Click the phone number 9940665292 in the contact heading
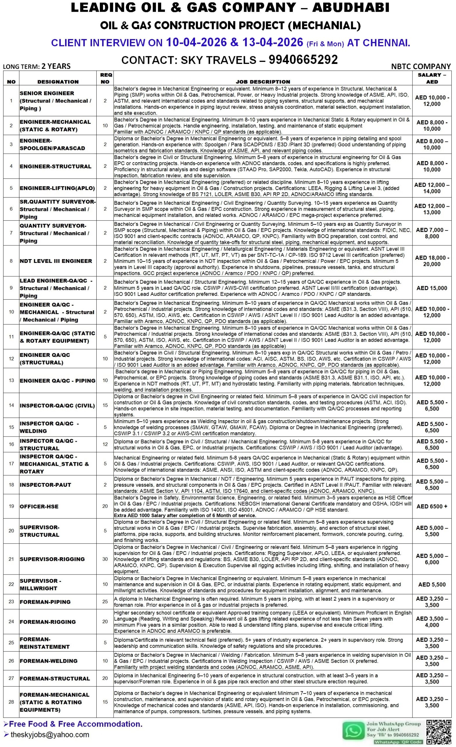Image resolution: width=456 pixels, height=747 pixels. coord(303,60)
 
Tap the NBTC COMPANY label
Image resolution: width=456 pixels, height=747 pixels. coord(420,67)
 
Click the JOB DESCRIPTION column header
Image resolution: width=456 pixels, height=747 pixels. coord(263,81)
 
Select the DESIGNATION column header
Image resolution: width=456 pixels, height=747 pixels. coord(58,81)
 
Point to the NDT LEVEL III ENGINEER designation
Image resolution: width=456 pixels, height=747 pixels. coord(56,261)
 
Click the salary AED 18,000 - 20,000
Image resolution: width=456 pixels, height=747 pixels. coord(432,261)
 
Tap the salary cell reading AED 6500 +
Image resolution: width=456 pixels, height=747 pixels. coord(432,506)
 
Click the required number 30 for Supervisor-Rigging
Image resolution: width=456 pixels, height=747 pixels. coord(105,559)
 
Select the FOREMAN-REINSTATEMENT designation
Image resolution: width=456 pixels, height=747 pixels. coord(45,643)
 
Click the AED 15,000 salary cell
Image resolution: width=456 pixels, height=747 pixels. coord(432,288)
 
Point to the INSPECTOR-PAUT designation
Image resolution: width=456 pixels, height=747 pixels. coord(46,485)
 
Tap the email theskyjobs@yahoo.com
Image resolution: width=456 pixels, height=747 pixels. coord(50,734)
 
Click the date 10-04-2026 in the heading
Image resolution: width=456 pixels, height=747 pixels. coord(196,42)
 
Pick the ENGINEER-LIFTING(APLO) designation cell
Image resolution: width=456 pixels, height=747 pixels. coord(57,188)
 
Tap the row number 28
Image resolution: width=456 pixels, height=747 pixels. coord(11,702)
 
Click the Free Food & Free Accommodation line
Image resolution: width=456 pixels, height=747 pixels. coord(76,724)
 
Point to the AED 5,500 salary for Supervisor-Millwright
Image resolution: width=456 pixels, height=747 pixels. coord(432,584)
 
